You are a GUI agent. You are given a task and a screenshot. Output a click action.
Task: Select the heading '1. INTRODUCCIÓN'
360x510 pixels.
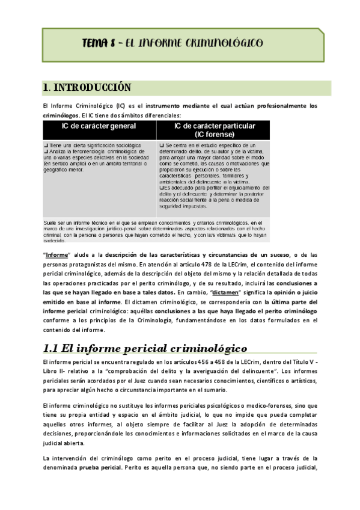pyautogui.click(x=87, y=88)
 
